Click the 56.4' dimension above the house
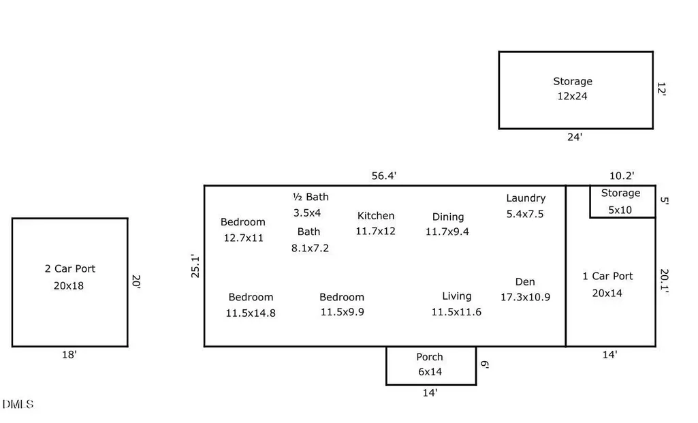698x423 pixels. (383, 176)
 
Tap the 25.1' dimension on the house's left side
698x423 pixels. (195, 266)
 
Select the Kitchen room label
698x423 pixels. (376, 215)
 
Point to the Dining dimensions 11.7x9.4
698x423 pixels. (447, 232)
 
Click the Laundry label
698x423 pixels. (526, 198)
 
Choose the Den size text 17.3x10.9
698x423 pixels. (525, 297)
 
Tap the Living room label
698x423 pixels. (457, 296)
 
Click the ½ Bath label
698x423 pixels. (311, 197)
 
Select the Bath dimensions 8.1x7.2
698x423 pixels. (311, 248)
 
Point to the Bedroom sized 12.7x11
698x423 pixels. (243, 222)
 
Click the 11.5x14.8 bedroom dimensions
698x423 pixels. (251, 313)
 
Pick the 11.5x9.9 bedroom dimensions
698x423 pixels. (343, 312)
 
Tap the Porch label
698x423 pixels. (430, 357)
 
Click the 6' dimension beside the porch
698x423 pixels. (484, 364)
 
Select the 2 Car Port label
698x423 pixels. (70, 268)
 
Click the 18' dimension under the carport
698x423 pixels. (69, 355)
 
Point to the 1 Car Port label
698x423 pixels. (607, 276)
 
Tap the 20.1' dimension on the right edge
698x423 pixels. (664, 281)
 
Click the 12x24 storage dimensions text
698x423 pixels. (573, 96)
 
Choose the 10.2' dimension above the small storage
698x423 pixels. (622, 176)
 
